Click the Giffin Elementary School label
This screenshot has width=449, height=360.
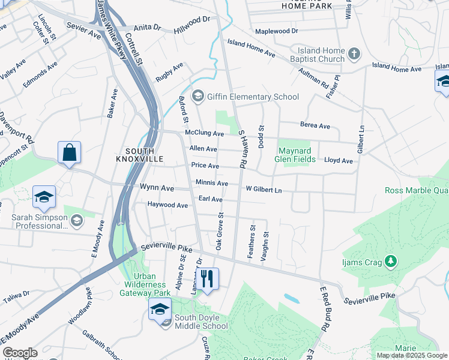pos(253,97)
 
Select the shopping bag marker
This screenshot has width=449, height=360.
pos(70,153)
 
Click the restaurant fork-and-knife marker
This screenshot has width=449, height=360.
pos(207,279)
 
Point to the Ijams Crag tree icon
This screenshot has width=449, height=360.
pos(391,260)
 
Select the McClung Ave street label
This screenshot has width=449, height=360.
pos(204,134)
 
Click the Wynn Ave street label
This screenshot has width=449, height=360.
pos(157,188)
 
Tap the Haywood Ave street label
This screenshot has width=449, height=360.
pos(168,205)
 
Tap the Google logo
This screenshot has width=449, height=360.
pos(20,353)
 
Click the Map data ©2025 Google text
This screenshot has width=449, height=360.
pos(412,355)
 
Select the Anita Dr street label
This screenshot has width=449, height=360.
pos(148,28)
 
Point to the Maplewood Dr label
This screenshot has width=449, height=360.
pos(276,31)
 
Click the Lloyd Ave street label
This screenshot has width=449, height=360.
pos(339,161)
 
